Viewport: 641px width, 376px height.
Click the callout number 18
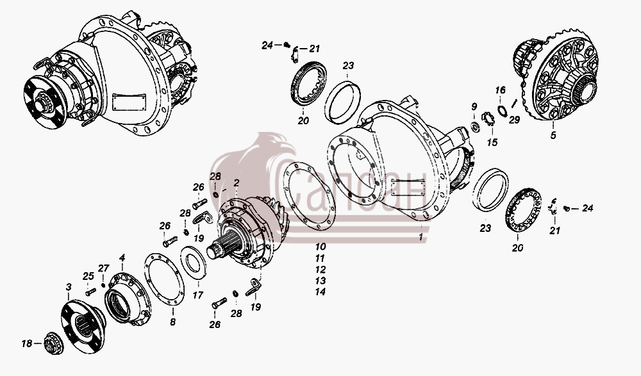(x=27, y=344)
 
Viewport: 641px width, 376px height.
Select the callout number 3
(x=69, y=288)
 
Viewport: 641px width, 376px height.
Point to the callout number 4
(x=122, y=257)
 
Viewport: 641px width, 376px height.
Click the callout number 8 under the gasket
(x=172, y=322)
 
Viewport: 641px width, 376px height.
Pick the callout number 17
(x=198, y=295)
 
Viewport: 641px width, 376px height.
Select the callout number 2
(x=237, y=183)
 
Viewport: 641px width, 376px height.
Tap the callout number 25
(x=88, y=276)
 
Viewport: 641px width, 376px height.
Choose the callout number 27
(x=104, y=268)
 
